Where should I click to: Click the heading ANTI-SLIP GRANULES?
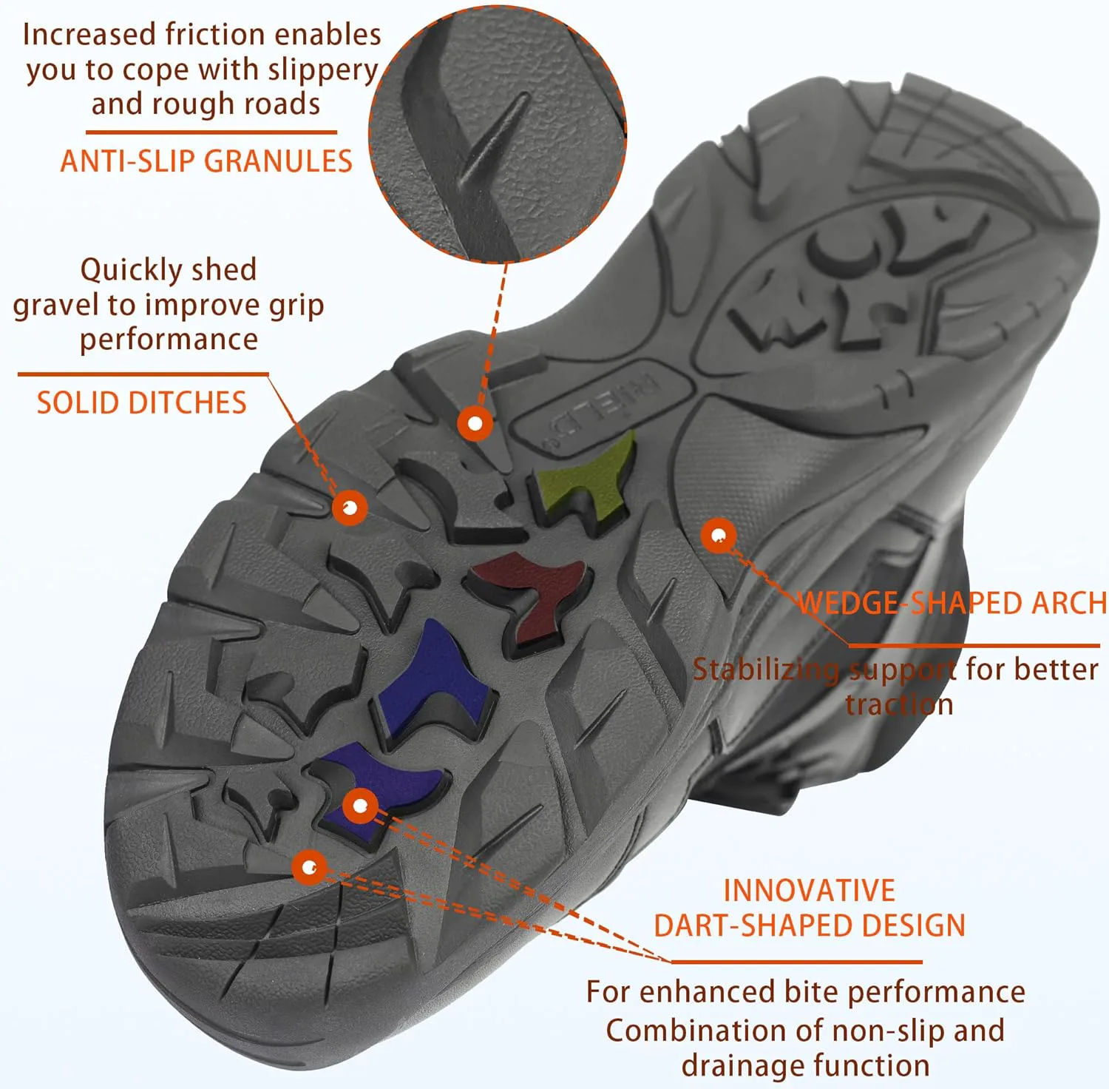206,161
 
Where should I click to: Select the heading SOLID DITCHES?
141,403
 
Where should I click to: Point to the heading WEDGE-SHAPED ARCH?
952,603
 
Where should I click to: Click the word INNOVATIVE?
810,891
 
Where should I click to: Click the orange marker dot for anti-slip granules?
475,424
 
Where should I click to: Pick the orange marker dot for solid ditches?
350,508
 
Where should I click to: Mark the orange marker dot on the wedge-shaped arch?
718,535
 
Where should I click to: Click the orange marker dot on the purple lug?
360,806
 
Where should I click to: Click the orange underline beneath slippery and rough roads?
211,132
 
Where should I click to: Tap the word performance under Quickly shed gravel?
169,340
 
